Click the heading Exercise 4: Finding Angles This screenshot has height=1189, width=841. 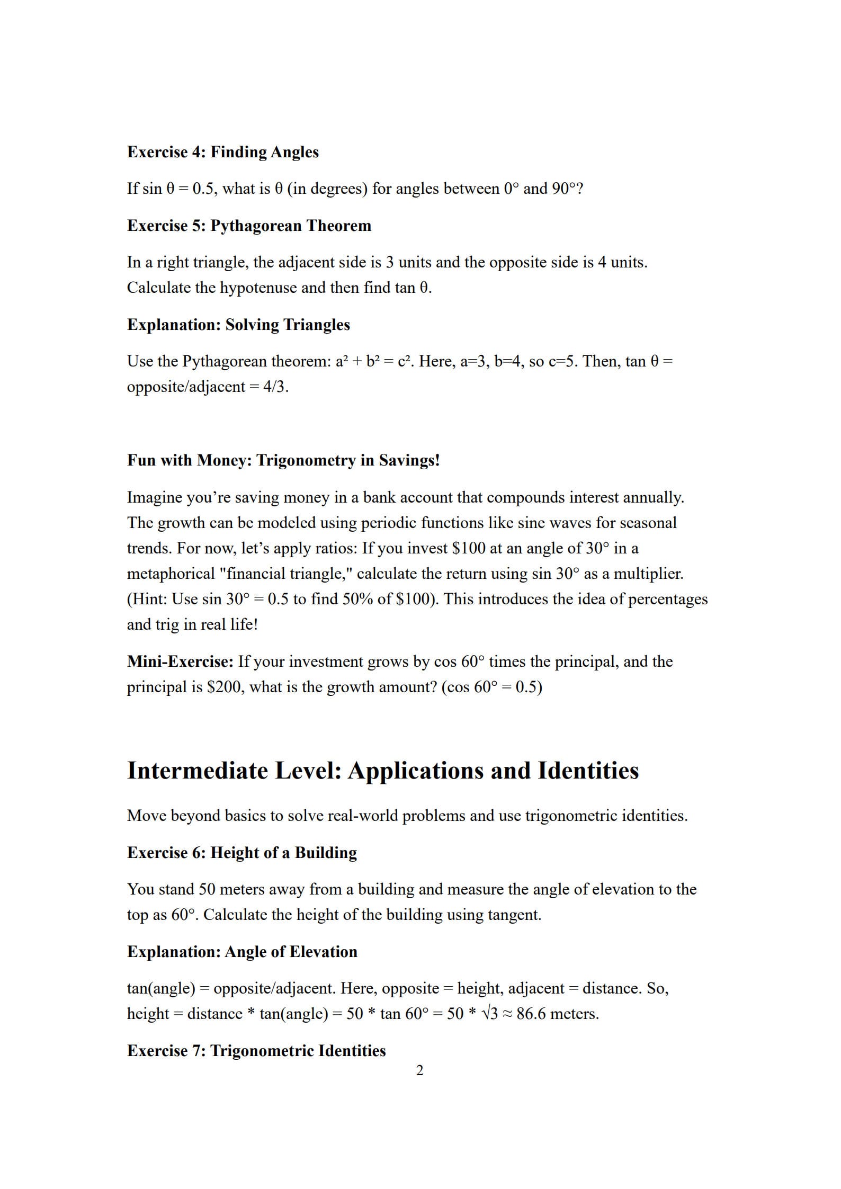point(222,152)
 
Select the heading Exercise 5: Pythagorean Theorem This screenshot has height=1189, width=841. point(249,226)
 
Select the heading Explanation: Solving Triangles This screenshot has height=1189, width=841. point(238,325)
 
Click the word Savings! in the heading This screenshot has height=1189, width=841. point(409,460)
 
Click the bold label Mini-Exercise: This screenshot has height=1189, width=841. point(180,661)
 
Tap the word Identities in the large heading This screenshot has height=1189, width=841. point(588,771)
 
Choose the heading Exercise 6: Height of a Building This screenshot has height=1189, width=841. point(241,853)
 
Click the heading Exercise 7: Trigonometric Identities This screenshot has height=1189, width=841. point(256,1051)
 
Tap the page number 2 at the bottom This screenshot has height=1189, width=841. point(420,1071)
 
